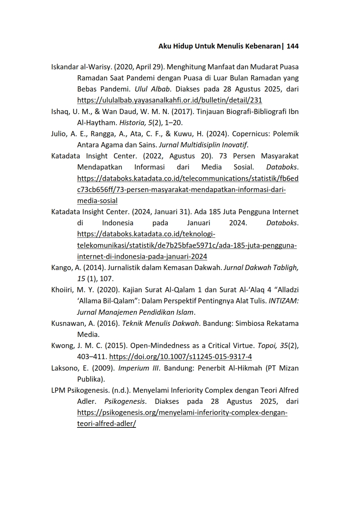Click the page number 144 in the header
click(292, 46)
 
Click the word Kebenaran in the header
click(263, 46)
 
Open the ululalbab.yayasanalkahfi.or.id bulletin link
click(169, 101)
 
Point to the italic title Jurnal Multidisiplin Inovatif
click(203, 145)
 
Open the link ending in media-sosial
click(97, 201)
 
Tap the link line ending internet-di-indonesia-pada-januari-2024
click(142, 257)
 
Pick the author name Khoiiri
click(62, 290)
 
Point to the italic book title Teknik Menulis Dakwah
click(161, 323)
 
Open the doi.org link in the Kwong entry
click(180, 357)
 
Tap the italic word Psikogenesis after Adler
click(125, 401)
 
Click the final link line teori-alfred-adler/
click(106, 424)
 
